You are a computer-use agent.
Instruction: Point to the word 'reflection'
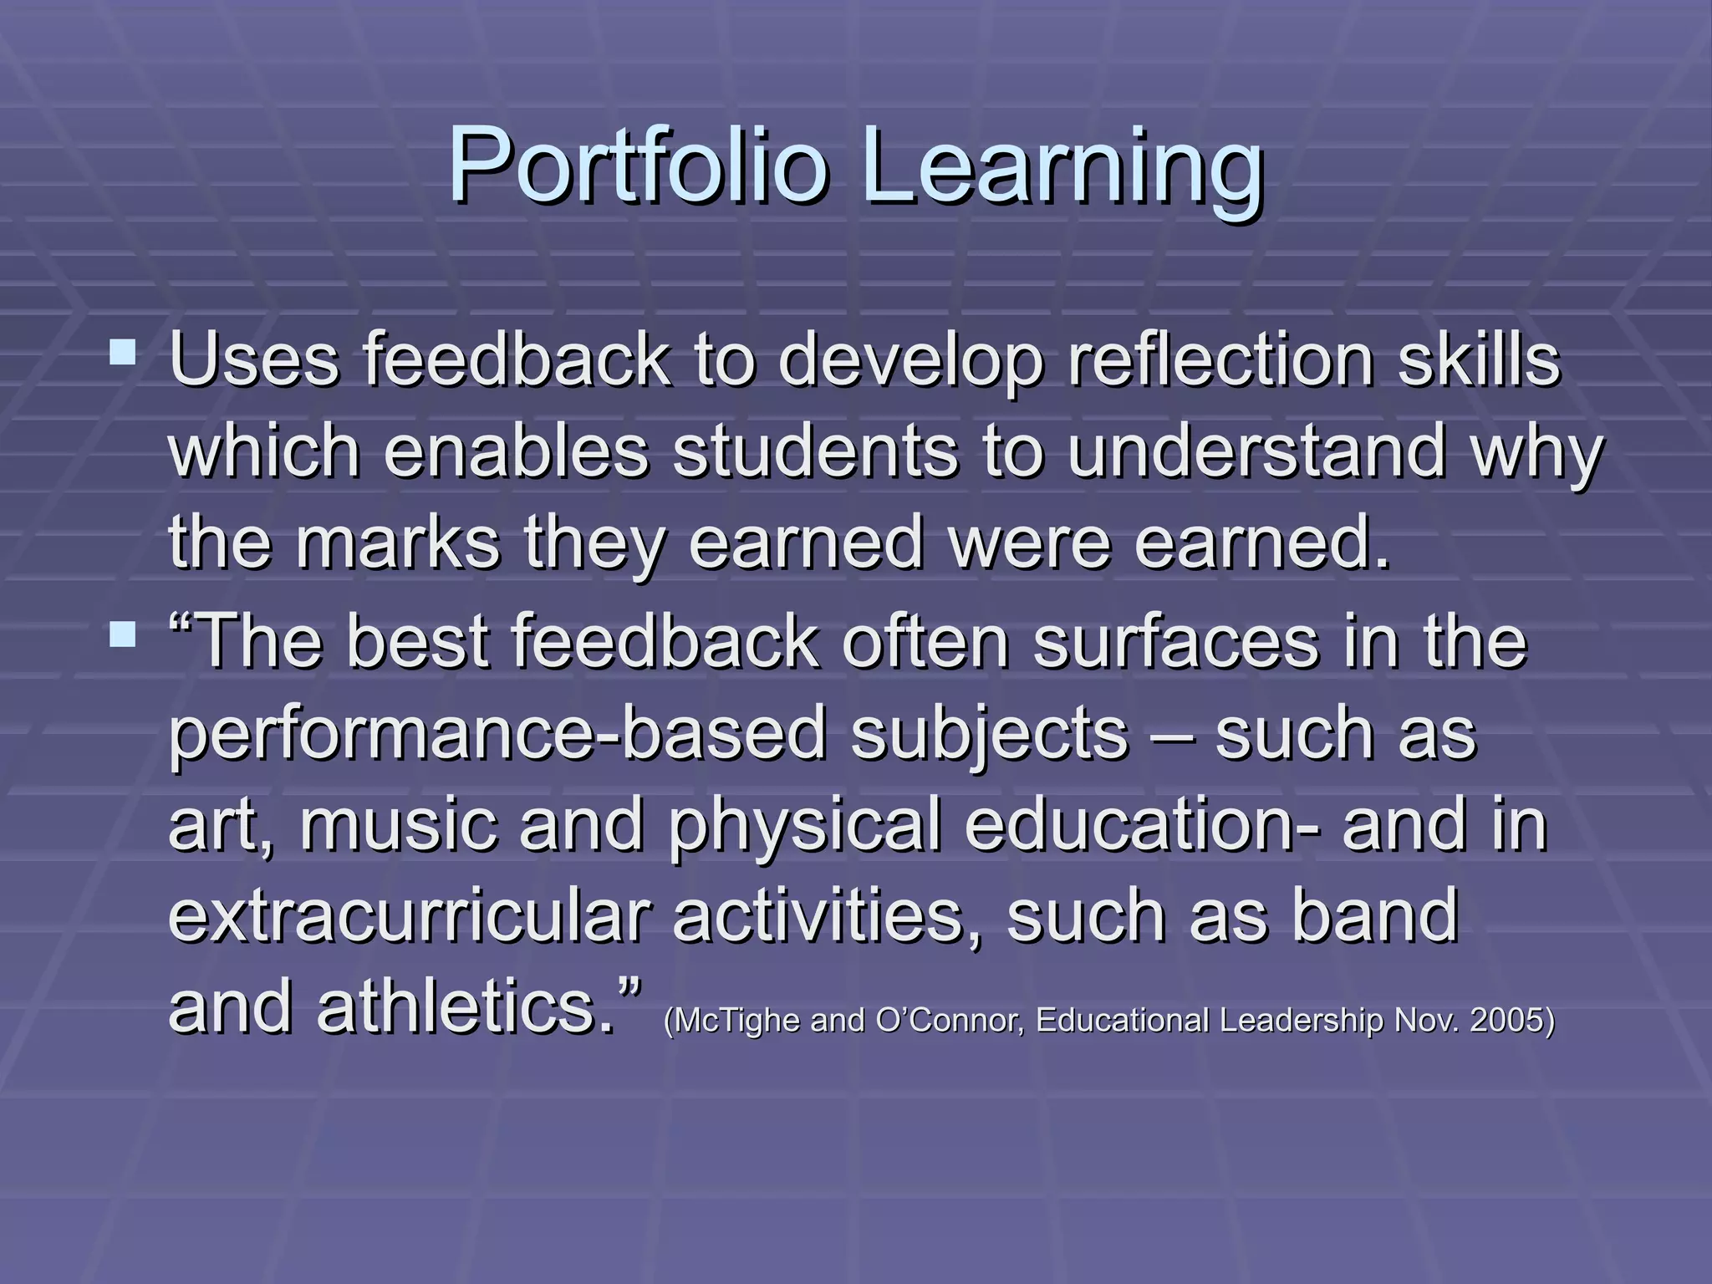tap(1221, 361)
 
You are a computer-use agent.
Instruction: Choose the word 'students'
tap(815, 451)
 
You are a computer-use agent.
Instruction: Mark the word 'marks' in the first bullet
tap(398, 543)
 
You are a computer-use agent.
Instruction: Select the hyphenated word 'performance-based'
tap(498, 733)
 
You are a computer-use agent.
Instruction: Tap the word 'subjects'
tap(991, 733)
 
